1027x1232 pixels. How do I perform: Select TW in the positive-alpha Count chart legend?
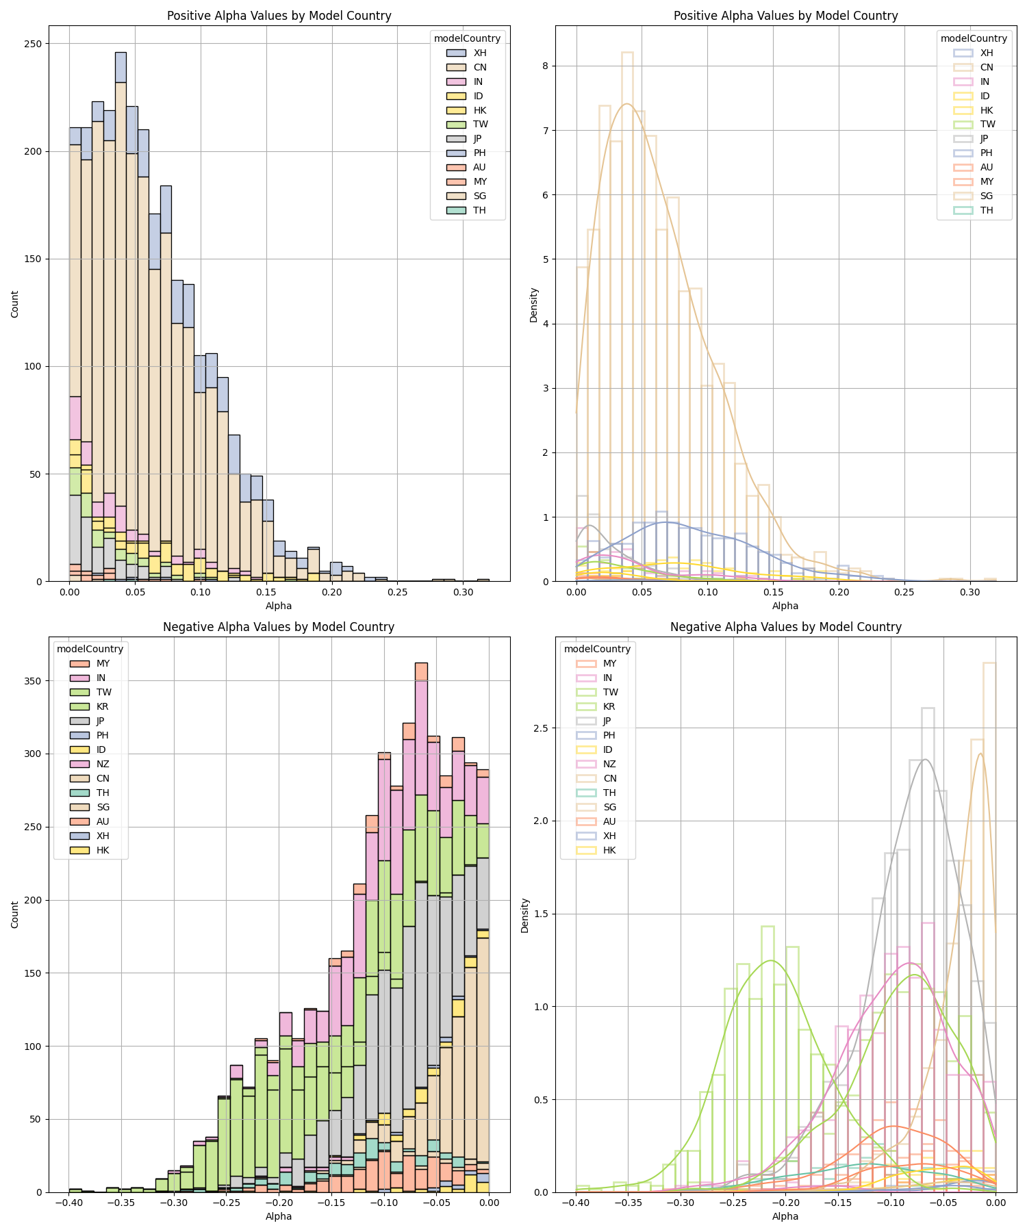click(x=480, y=125)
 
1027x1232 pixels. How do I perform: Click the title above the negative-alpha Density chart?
click(x=785, y=627)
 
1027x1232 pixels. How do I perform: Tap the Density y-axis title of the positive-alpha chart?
click(x=534, y=305)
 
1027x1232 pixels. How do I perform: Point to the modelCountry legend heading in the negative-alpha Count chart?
click(x=90, y=649)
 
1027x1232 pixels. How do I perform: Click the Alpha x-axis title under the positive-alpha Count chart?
click(x=279, y=606)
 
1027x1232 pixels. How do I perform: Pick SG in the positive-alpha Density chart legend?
click(x=987, y=196)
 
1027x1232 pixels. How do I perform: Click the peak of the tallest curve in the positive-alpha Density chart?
click(x=626, y=104)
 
